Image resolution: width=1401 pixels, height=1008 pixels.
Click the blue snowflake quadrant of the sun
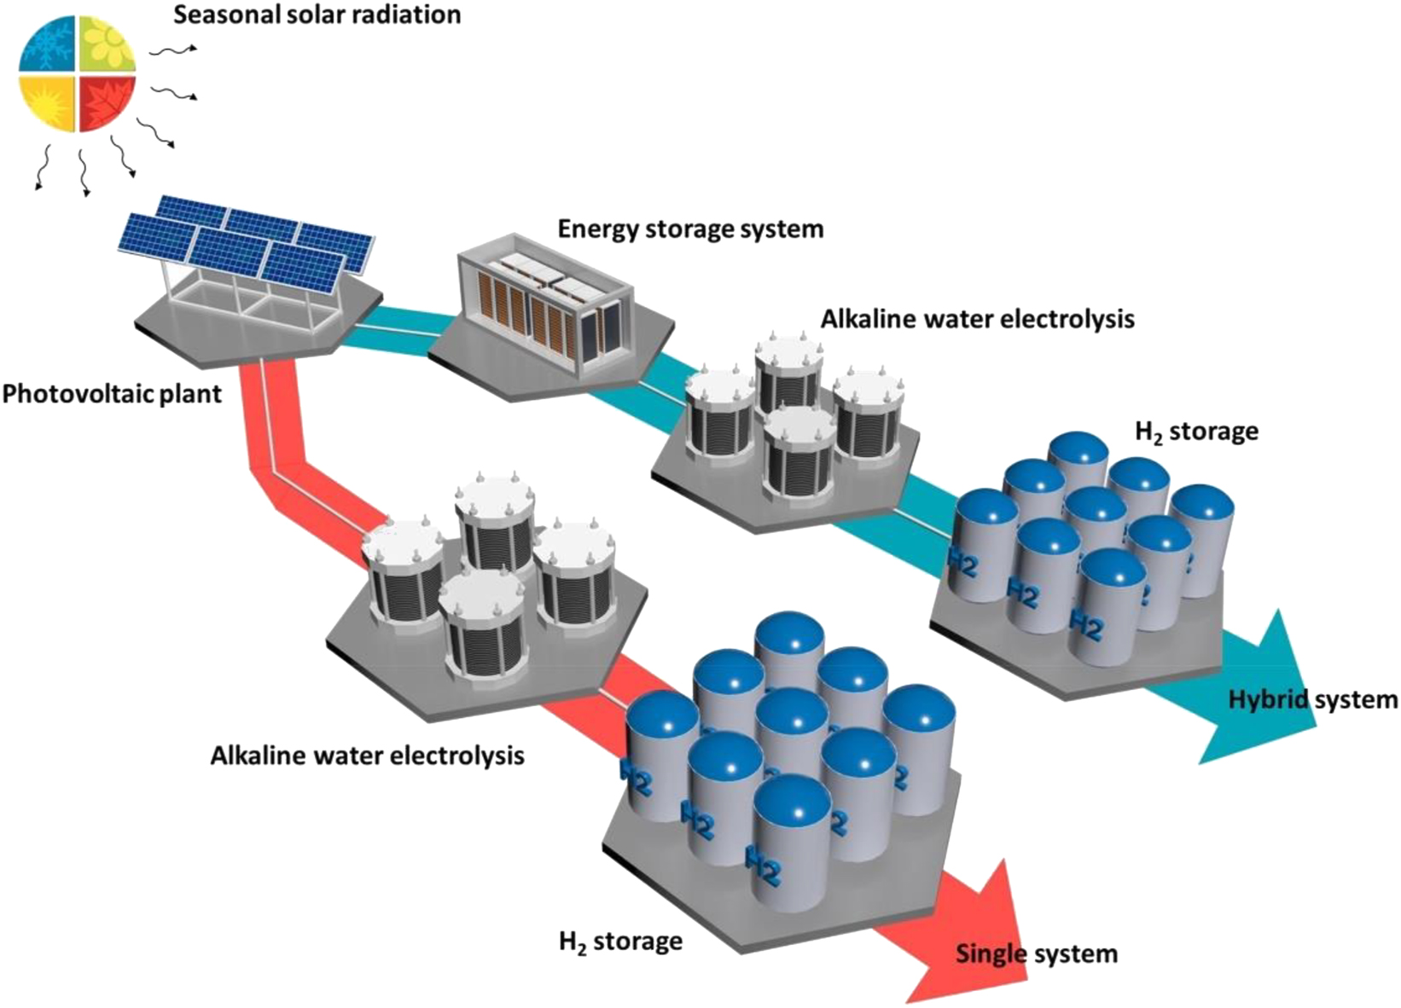coord(47,44)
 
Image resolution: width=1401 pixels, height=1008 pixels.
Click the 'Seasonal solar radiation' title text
coord(317,14)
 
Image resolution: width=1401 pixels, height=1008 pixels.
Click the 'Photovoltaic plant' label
coord(111,394)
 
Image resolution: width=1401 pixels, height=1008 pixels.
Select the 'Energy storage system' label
coord(690,229)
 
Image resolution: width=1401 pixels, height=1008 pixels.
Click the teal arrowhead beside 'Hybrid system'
coord(1271,682)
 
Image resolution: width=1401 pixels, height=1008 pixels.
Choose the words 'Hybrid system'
coord(1312,700)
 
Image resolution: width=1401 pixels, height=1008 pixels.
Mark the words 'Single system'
coord(1036,953)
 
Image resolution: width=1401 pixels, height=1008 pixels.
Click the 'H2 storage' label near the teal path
coord(1196,432)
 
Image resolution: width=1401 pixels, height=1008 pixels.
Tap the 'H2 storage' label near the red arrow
coord(620,941)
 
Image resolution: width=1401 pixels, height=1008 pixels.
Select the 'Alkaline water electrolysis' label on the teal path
coord(978,319)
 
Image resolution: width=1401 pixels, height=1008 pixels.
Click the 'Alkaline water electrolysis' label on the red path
coord(367,755)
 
